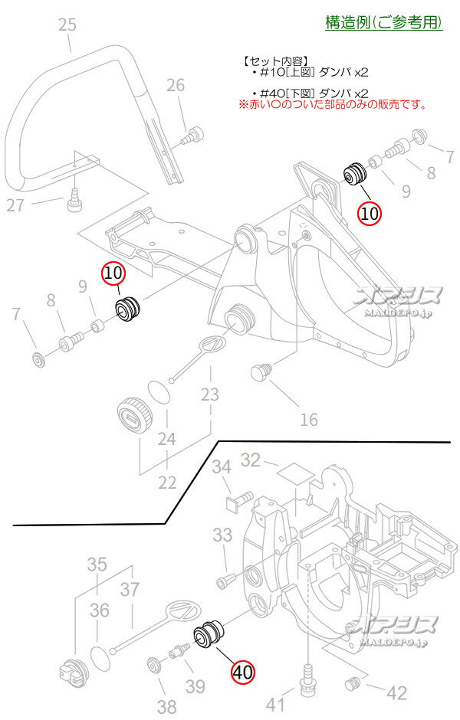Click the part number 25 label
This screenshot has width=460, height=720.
point(67,26)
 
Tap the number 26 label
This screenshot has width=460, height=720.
point(176,85)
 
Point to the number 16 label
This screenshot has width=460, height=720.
point(308,419)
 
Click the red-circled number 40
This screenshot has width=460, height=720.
point(242,672)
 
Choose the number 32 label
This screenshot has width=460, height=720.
point(251,460)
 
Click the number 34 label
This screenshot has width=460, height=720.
point(222,466)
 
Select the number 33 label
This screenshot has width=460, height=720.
point(222,534)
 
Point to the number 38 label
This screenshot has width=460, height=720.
point(166,706)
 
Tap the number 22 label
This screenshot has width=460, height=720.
point(166,483)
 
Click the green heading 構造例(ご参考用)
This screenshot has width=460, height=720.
point(384,22)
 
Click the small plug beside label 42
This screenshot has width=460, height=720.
point(354,682)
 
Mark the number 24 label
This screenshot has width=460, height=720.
point(166,440)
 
